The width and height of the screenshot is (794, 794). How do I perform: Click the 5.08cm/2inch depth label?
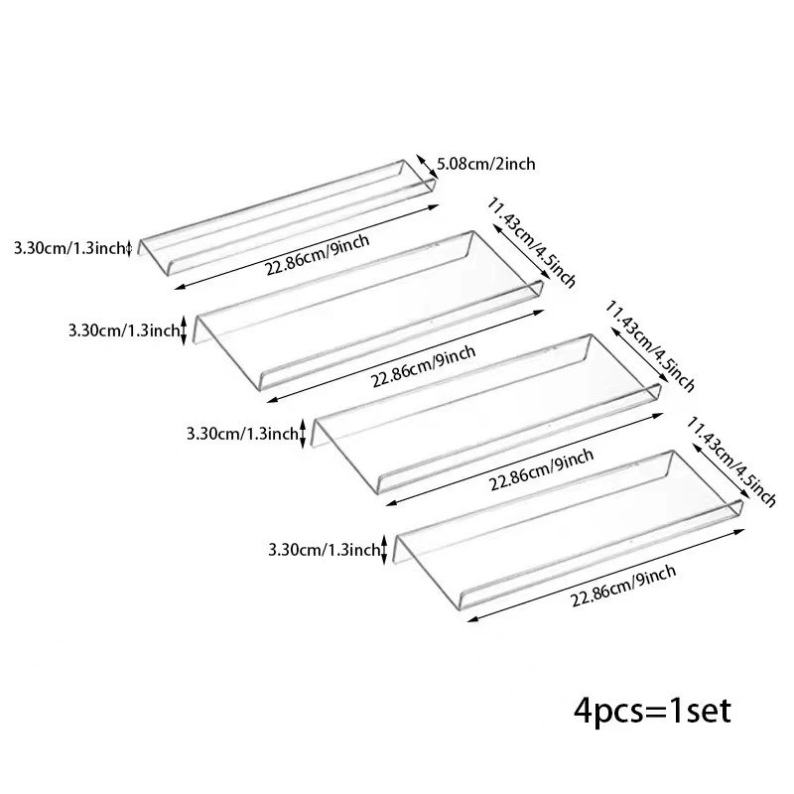(x=485, y=164)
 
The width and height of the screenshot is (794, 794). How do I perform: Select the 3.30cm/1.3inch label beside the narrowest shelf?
(x=69, y=248)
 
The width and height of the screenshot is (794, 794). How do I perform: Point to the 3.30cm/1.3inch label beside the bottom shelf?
(x=325, y=550)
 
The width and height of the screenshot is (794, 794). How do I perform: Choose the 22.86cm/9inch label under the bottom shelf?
(x=623, y=586)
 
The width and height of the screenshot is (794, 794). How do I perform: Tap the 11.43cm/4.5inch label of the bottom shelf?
(x=730, y=462)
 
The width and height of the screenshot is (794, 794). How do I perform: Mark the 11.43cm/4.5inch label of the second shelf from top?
(x=531, y=242)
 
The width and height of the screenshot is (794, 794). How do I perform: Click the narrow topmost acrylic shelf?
(x=288, y=217)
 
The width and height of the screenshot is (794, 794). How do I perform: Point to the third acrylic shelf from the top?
(x=486, y=413)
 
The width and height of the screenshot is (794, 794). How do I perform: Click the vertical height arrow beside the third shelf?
(x=303, y=434)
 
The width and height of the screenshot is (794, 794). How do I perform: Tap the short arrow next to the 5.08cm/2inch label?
(x=427, y=167)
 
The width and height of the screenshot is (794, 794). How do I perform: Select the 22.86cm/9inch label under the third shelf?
(x=541, y=469)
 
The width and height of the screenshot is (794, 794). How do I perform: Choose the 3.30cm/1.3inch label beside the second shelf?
(x=125, y=331)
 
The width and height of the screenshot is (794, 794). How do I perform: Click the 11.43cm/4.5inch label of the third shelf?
(x=650, y=346)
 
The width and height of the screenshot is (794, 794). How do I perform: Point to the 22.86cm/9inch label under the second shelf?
(x=424, y=366)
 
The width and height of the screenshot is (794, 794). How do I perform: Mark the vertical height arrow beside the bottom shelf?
(x=384, y=549)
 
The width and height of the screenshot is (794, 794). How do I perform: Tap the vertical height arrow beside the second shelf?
(x=184, y=330)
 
